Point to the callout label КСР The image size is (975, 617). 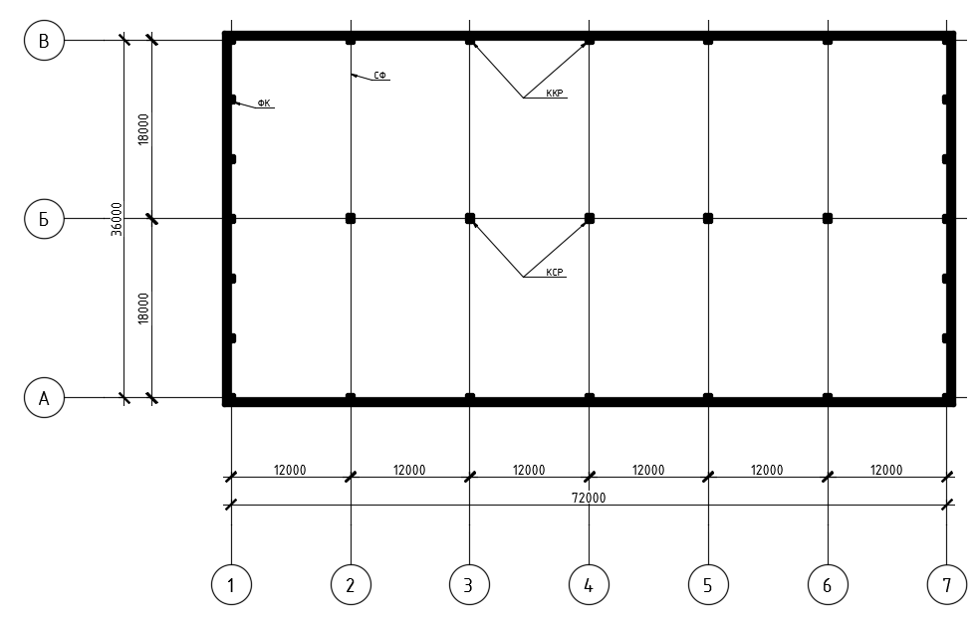click(x=555, y=272)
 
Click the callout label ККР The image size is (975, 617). click(x=555, y=94)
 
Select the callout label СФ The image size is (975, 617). click(x=379, y=76)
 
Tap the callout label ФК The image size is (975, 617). click(x=264, y=103)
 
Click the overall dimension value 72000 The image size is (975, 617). click(x=589, y=498)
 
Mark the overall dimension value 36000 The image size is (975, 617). click(x=117, y=219)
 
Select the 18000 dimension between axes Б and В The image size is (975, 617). click(x=143, y=129)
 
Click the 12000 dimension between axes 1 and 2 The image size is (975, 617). click(x=290, y=470)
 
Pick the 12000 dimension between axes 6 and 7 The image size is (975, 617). click(x=886, y=470)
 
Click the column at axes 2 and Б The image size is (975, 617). click(x=351, y=219)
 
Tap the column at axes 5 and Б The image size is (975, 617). click(x=708, y=219)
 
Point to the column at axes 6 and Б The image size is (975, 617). click(x=828, y=219)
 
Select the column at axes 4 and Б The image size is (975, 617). click(x=590, y=219)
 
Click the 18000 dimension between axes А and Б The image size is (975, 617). click(x=143, y=308)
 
